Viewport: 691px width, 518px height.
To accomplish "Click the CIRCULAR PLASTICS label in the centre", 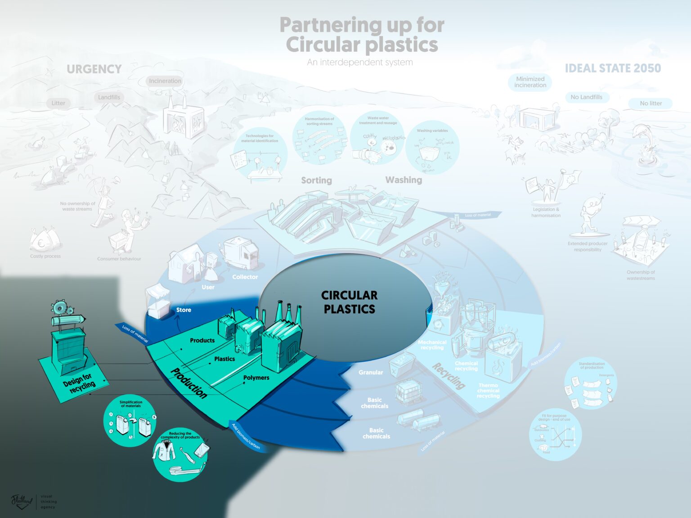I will click(x=349, y=302).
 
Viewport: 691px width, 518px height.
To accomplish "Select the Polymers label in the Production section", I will click(x=256, y=378).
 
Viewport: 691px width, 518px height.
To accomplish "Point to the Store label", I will click(x=184, y=310).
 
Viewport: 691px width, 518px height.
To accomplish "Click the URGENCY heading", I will click(x=94, y=69).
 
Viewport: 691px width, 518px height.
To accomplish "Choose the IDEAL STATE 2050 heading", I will click(x=613, y=68).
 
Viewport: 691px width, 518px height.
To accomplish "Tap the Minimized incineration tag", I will click(x=530, y=82).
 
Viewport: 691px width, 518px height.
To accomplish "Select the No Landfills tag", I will click(x=586, y=97).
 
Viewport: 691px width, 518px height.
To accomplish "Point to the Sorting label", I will click(x=316, y=180).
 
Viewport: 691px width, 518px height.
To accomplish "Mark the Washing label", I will click(x=404, y=180).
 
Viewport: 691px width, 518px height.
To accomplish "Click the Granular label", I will click(x=371, y=372).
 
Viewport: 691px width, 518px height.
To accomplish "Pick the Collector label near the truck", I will click(x=245, y=277).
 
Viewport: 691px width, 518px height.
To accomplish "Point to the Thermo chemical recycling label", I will click(x=488, y=391).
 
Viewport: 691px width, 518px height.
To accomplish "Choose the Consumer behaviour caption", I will click(x=119, y=259).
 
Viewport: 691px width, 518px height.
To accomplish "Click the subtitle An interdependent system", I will click(x=359, y=63).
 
